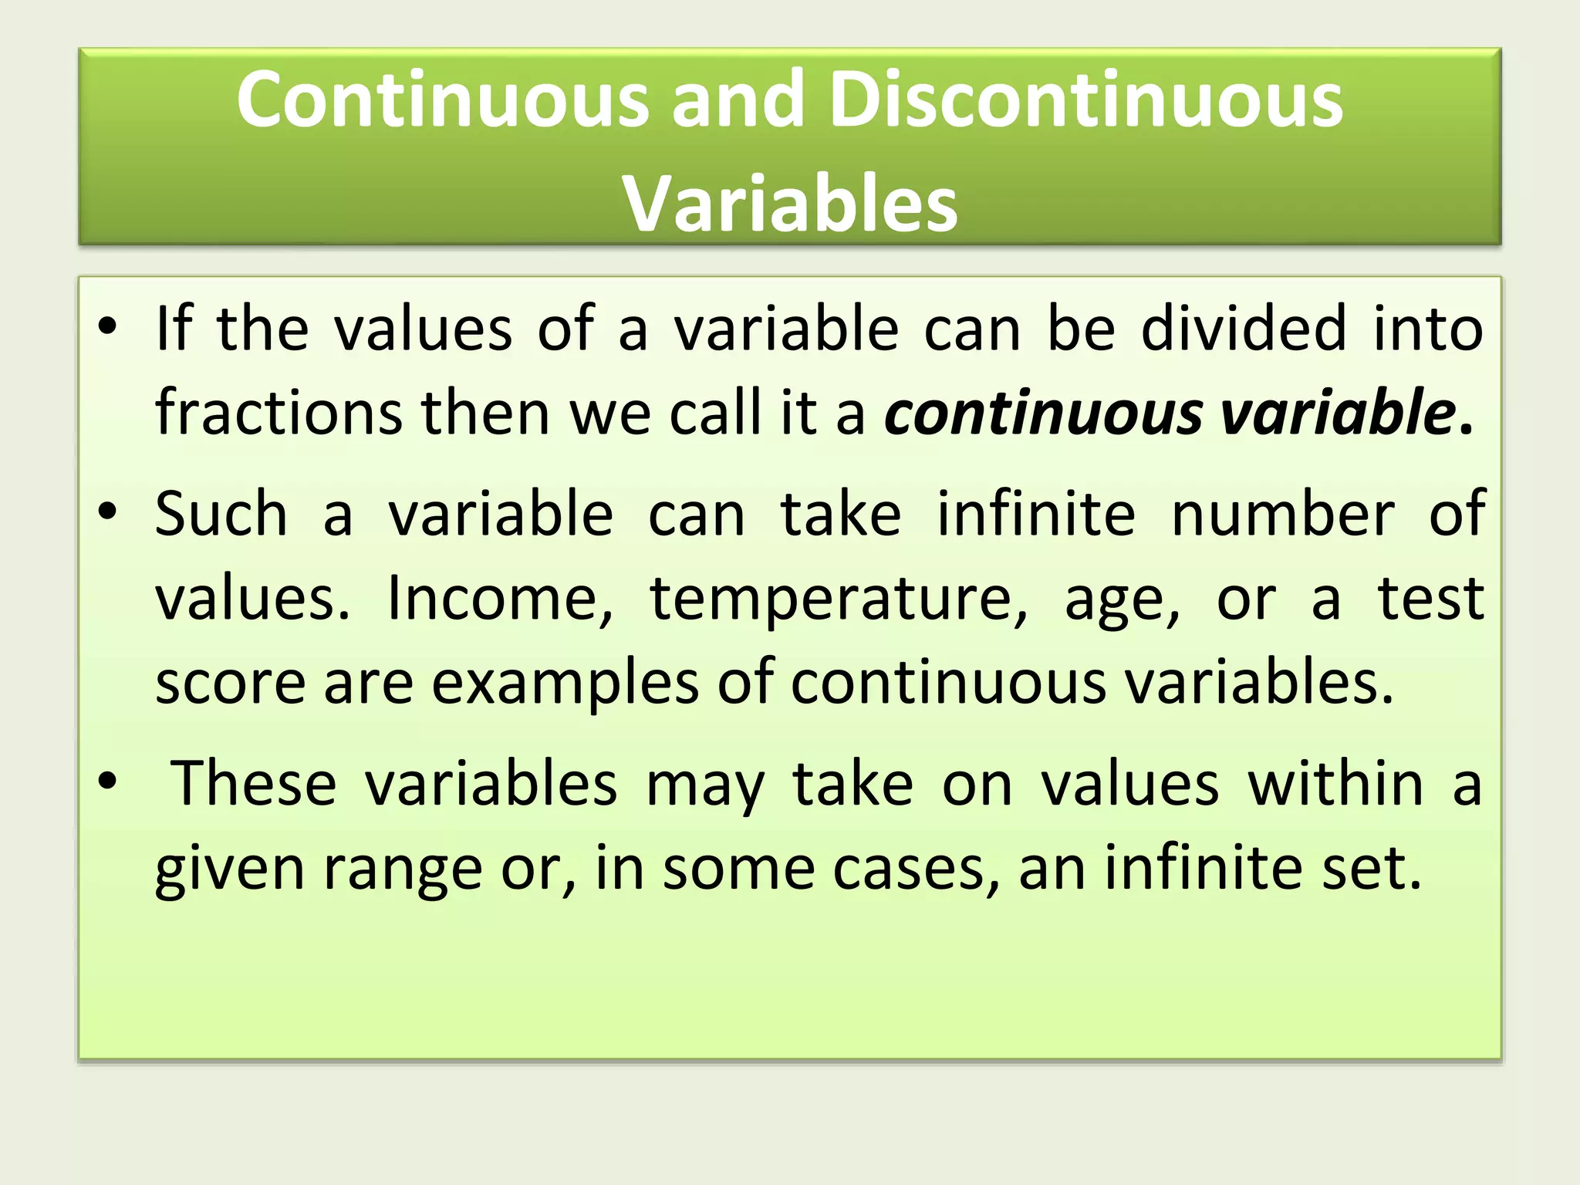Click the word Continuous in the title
pyautogui.click(x=443, y=100)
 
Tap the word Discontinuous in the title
pyautogui.click(x=1086, y=100)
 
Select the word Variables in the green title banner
pyautogui.click(x=790, y=204)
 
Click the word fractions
pyautogui.click(x=279, y=413)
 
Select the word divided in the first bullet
pyautogui.click(x=1244, y=329)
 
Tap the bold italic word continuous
pyautogui.click(x=1043, y=413)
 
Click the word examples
pyautogui.click(x=564, y=684)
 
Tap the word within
pyautogui.click(x=1336, y=784)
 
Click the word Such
pyautogui.click(x=221, y=514)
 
